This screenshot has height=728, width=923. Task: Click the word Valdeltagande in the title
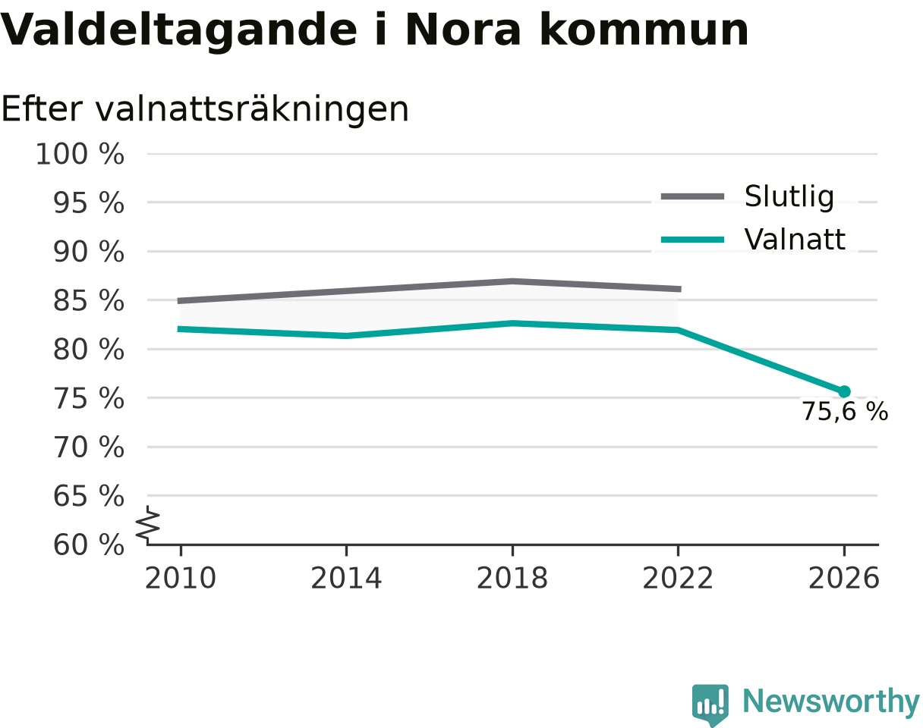pos(179,31)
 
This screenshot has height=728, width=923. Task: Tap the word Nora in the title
pos(463,30)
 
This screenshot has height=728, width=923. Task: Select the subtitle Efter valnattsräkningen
pos(205,110)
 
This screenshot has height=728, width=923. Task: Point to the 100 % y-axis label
pos(80,154)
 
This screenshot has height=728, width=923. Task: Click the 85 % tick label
pos(89,301)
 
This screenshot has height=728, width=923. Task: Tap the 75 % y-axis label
pos(89,398)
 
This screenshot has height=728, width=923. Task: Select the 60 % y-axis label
pos(89,545)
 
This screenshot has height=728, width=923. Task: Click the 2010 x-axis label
pos(181,579)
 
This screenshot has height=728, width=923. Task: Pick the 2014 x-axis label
pos(346,579)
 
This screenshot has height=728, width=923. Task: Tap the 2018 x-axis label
pos(512,579)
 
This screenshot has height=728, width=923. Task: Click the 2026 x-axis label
pos(843,579)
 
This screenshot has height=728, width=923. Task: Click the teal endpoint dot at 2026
pos(844,391)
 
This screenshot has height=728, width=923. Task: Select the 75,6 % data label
pos(845,412)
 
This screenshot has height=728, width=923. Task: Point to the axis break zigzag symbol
pos(148,523)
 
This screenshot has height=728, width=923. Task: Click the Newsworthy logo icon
pos(710,702)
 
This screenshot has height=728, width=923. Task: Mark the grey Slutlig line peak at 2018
pos(512,281)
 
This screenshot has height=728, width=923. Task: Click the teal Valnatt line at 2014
pos(346,335)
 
